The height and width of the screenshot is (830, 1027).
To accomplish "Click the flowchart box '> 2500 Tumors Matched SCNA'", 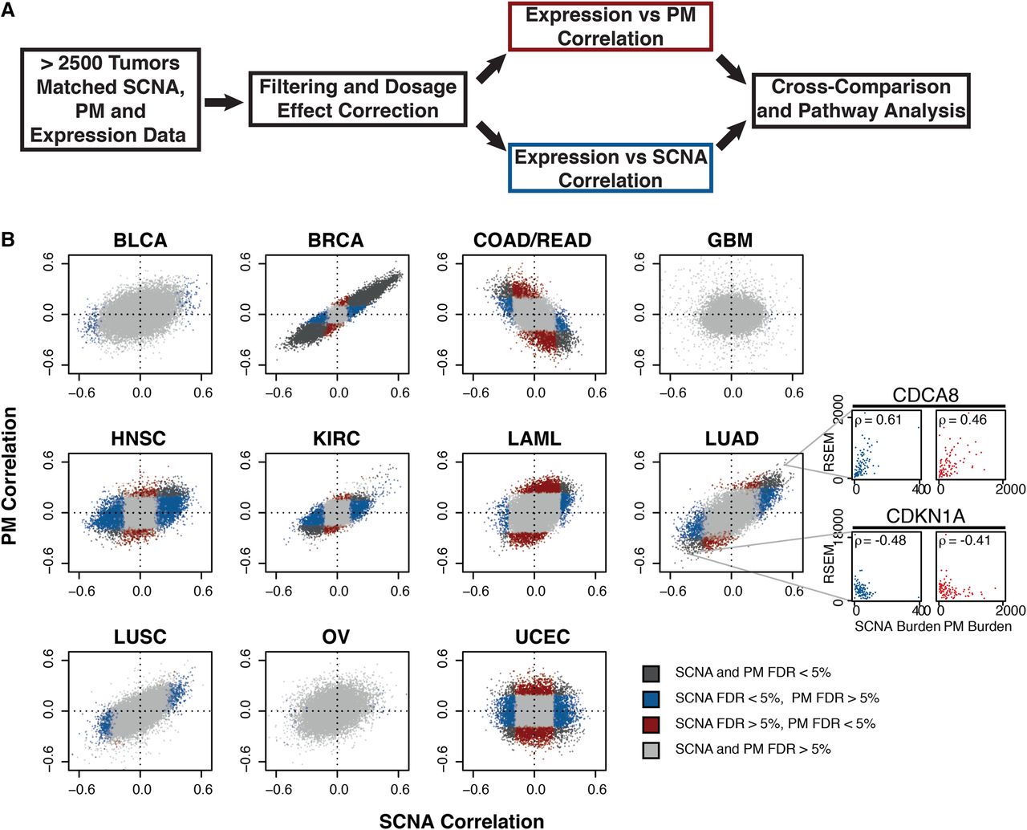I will [111, 100].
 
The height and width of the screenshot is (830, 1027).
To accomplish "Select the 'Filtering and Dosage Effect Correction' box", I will [358, 99].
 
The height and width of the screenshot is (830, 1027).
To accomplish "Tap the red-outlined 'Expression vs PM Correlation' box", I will [611, 26].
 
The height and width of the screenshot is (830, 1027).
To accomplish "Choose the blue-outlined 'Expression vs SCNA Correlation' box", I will [611, 169].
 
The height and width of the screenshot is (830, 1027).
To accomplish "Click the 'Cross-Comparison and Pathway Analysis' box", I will [861, 100].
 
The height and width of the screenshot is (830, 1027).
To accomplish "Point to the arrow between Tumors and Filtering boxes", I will [223, 102].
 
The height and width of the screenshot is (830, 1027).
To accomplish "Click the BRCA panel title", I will [335, 241].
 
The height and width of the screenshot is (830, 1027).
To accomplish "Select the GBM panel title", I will [730, 241].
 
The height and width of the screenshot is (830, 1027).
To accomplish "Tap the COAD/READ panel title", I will [533, 241].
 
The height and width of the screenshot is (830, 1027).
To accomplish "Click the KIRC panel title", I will [336, 439].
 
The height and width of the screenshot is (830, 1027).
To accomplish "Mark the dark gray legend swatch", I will [651, 673].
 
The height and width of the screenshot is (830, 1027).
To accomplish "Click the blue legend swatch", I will [651, 698].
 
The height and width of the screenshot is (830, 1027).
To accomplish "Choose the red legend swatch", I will [651, 724].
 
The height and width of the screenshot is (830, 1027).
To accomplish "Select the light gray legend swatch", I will [651, 750].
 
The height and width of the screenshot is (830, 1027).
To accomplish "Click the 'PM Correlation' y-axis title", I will [10, 476].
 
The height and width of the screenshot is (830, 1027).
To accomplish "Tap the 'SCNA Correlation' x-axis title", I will [461, 820].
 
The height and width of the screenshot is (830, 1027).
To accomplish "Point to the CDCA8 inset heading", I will [925, 395].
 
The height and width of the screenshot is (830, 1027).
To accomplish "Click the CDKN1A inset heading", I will [925, 516].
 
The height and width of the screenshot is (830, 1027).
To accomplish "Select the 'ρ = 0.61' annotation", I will [879, 420].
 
